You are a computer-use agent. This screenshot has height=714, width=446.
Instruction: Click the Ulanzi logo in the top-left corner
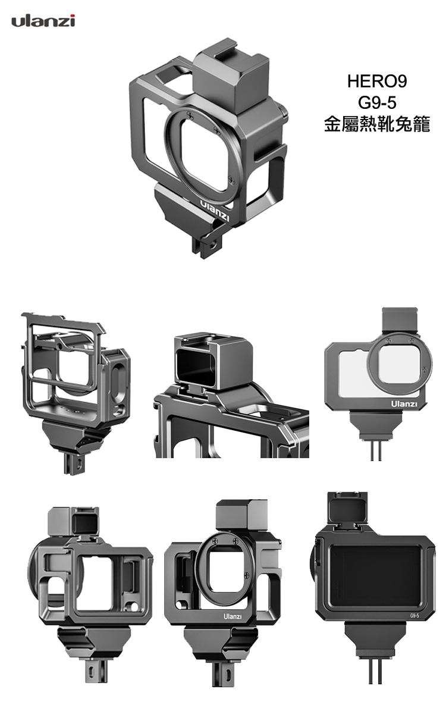tap(43, 21)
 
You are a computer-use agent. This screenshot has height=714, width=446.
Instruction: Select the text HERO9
tap(377, 82)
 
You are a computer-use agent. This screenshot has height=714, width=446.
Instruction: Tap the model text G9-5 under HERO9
tap(377, 102)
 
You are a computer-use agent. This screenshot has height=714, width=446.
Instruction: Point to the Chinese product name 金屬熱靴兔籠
tap(377, 124)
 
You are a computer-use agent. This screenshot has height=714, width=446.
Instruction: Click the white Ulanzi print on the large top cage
tap(215, 211)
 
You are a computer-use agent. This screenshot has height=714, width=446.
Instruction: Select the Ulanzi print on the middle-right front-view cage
tap(404, 404)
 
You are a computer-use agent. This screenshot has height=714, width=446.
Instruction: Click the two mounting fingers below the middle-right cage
tap(376, 449)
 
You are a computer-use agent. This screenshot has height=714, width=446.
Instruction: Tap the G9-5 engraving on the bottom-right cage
tap(414, 616)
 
